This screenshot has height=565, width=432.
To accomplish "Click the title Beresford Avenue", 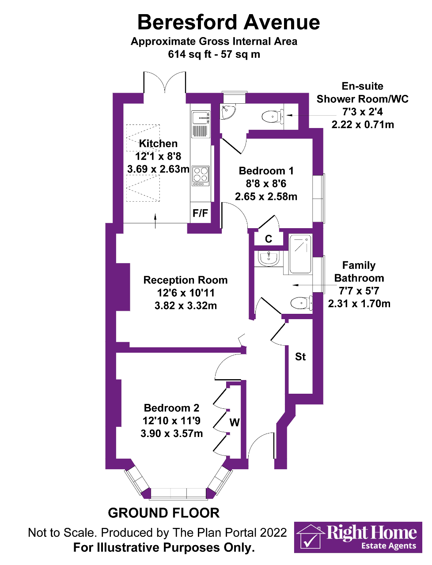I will coord(228,22).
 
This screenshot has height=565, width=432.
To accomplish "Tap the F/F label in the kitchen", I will coord(200,213).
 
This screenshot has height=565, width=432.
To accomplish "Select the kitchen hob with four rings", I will coord(201,175).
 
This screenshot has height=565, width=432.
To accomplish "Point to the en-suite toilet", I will coord(272,117).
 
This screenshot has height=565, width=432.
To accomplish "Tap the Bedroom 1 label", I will coord(266,171).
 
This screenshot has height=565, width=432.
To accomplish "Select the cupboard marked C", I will coord(268,239).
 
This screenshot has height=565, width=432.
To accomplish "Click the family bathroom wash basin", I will coord(268,258).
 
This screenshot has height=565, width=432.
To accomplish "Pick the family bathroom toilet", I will coord(301,303).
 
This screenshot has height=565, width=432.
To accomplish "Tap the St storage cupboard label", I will coord(300,357).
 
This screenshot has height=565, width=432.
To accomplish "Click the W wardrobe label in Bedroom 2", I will coord(234,422).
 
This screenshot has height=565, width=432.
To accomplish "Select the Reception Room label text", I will coord(186,280).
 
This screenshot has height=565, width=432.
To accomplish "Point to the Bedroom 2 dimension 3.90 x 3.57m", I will coord(172,433).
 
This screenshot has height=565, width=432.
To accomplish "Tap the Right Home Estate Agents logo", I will coord(358,537).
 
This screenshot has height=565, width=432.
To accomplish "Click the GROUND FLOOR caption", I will coord(163,513).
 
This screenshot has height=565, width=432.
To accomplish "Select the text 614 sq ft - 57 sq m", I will coord(214,54).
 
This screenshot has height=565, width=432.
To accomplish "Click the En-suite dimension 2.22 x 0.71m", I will coord(363,124).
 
